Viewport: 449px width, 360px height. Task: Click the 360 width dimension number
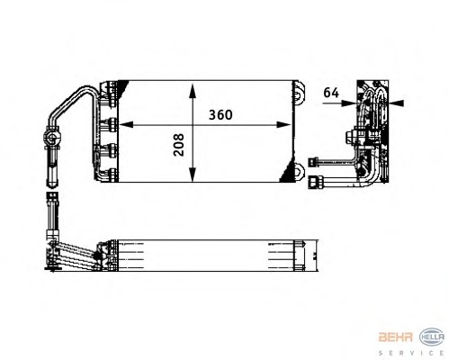[223, 114]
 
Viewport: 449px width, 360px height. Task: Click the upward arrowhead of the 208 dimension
[192, 88]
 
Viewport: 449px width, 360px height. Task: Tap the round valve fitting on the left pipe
[50, 139]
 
